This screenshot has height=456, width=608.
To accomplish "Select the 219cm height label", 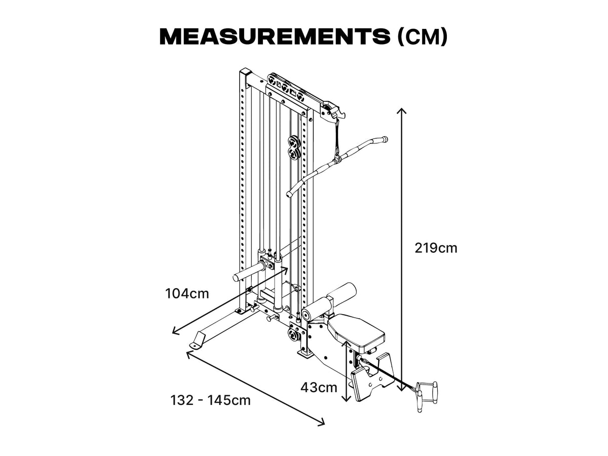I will pos(436,248).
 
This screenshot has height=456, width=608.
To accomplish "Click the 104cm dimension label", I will pos(187,293).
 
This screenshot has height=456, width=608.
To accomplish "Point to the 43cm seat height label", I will pos(319,388).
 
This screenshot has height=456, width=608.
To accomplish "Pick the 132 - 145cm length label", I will pos(210,400).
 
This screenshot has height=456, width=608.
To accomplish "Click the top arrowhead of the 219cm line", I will pos(402,110).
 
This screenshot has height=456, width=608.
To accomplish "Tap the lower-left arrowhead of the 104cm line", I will pos(175,332).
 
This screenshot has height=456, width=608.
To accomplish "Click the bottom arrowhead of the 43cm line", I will pos(347,398).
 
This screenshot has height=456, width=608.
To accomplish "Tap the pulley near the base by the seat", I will pos(293,334).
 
